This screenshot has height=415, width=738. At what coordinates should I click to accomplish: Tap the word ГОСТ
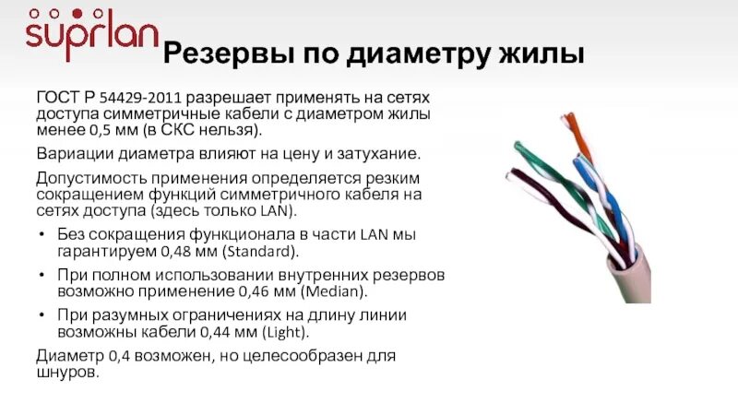point(57,97)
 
